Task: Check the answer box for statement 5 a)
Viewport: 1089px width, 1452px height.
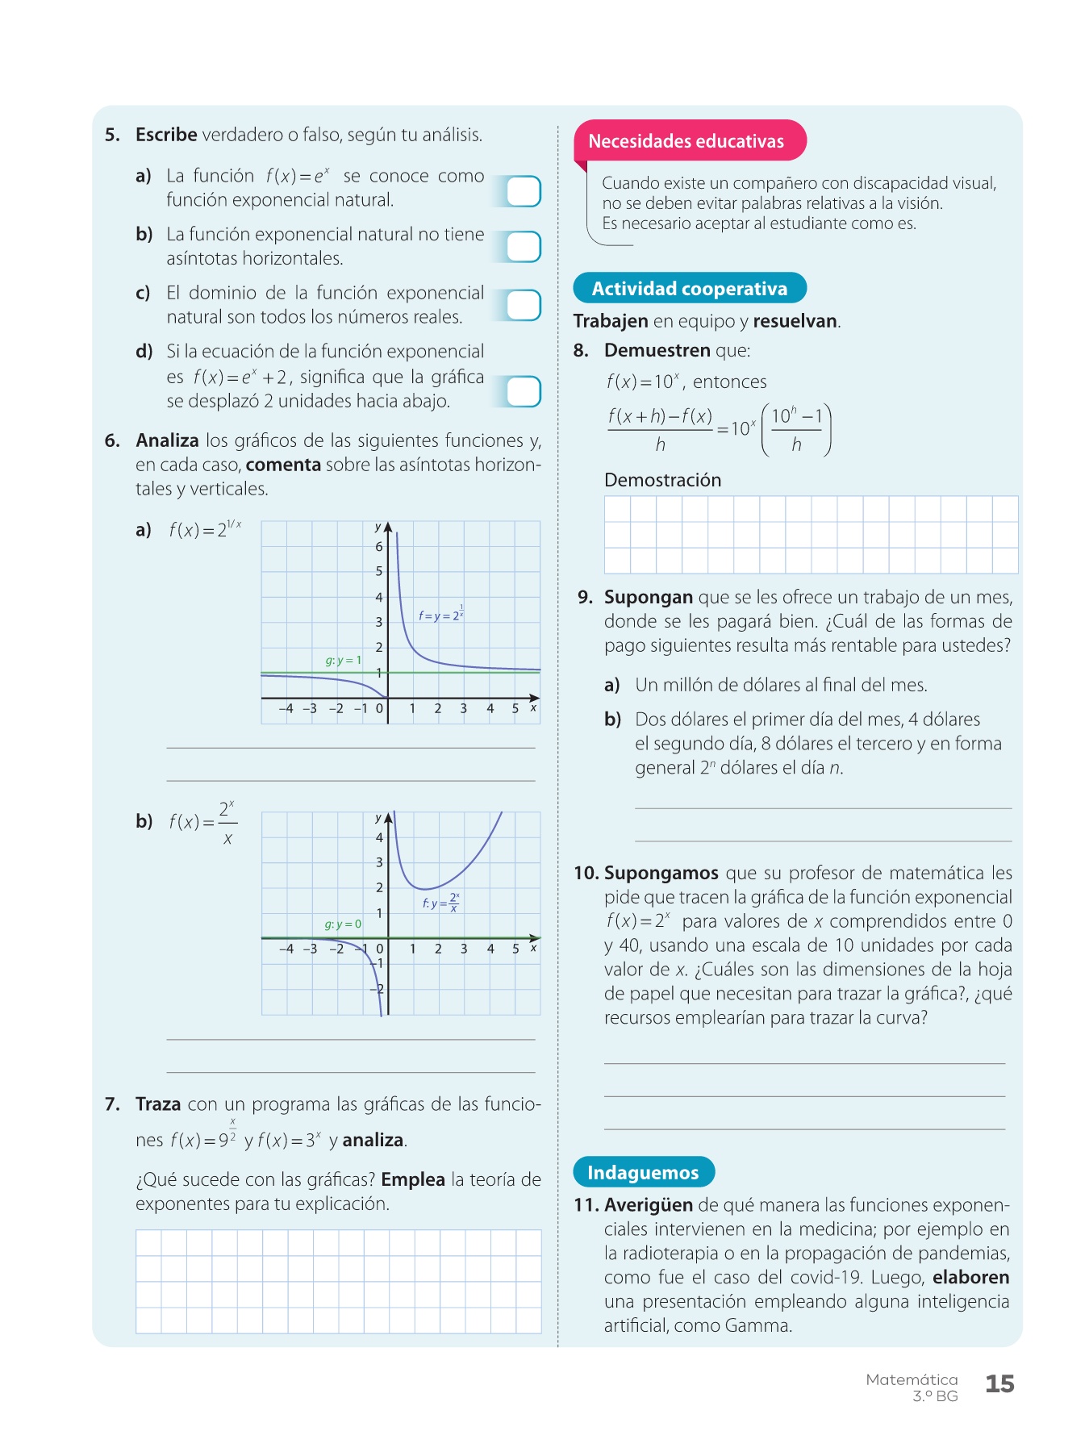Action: pos(523,191)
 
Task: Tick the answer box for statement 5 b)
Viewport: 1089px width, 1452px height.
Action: pos(523,247)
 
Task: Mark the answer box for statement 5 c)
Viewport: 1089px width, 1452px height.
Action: pos(523,306)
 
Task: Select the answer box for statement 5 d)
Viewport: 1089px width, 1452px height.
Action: pos(523,391)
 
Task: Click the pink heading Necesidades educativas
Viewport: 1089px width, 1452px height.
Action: pos(686,141)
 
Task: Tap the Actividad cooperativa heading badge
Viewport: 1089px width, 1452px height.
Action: pos(689,289)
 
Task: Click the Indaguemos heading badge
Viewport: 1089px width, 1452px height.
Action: pos(643,1172)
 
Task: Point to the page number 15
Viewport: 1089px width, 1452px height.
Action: pos(999,1384)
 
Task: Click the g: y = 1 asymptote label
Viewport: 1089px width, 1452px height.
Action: pos(343,661)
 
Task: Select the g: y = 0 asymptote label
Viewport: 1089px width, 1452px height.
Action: pos(343,924)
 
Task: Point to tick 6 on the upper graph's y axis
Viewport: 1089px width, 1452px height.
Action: pos(379,547)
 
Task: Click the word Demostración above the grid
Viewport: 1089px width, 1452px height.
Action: pos(662,480)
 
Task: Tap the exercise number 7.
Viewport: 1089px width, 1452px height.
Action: pos(112,1104)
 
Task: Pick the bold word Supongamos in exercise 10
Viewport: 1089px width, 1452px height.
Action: pos(661,873)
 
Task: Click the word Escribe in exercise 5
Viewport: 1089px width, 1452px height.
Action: pos(166,135)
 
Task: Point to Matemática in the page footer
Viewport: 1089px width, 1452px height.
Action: pos(912,1379)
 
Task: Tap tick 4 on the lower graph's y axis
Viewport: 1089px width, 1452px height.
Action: pos(379,837)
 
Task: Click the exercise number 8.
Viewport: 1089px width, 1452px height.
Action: pos(581,351)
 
